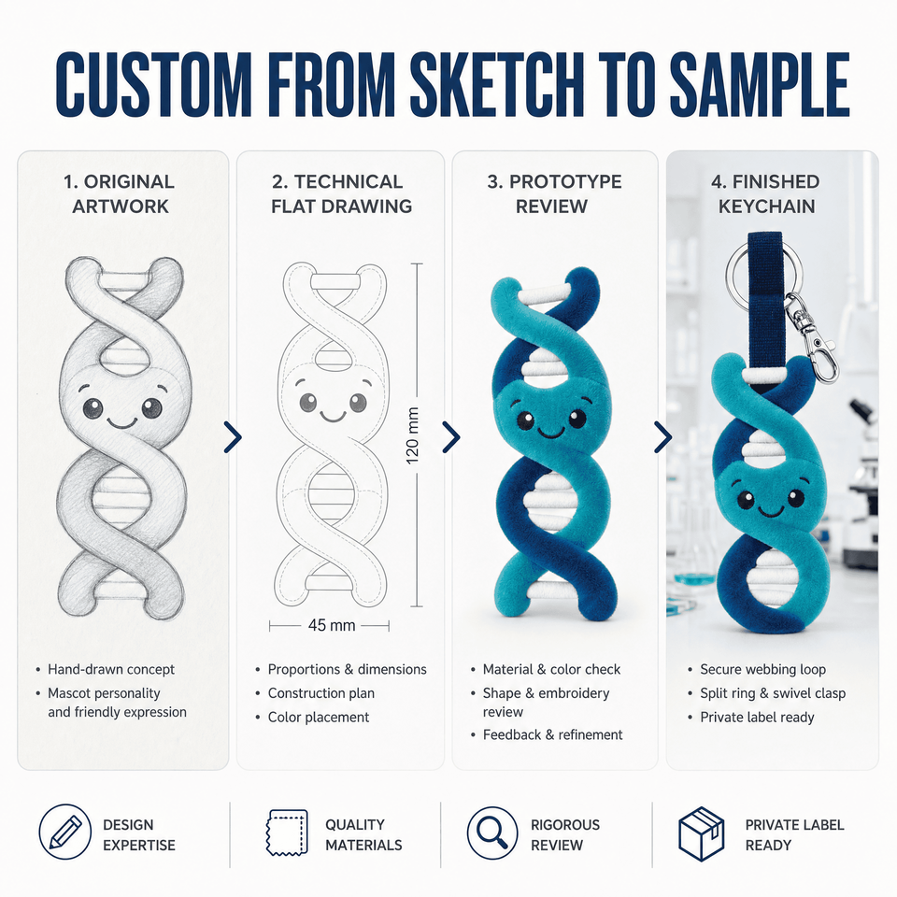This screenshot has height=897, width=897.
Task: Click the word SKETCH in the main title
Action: coord(497,85)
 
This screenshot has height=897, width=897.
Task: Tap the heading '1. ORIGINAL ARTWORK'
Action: coord(120,193)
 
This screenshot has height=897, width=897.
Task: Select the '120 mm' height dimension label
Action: coord(412,435)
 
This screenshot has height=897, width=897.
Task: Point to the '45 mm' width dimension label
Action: coord(331,625)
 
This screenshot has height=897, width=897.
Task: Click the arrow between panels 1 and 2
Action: coord(233,437)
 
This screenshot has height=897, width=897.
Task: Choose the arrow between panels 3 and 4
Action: coord(662,437)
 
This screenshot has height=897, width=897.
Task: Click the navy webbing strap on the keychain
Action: coord(765,297)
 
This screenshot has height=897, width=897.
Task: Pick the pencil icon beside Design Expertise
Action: coord(64,832)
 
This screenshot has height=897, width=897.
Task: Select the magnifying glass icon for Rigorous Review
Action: coord(492,833)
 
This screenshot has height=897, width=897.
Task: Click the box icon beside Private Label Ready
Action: coord(701,833)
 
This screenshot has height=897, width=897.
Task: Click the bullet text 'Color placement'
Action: coord(318,717)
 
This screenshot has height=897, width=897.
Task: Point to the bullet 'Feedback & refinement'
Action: coord(552,734)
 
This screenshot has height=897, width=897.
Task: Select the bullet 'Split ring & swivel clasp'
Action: coord(773,693)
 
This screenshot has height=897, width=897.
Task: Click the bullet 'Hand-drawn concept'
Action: coord(111,669)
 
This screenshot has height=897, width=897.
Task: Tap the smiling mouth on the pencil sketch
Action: coord(121,422)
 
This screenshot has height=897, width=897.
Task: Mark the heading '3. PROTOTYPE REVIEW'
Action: coord(554,193)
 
